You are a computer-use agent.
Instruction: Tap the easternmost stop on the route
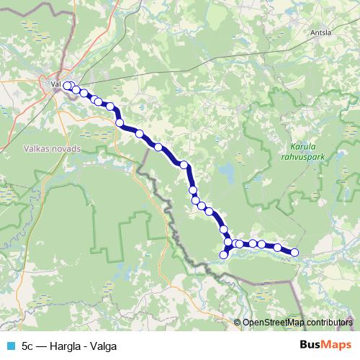coord(294,251)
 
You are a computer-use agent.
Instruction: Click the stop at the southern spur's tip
coord(224,254)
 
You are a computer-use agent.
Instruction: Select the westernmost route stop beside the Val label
coord(68,86)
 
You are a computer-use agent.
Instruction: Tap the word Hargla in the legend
coord(67,345)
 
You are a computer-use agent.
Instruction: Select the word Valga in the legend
coord(104,345)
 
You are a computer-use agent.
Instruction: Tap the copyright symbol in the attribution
coord(237,323)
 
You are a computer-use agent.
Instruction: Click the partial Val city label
coord(55,84)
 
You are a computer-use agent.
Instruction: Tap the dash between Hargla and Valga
coord(86,345)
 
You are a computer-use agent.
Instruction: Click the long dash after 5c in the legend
coord(43,345)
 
